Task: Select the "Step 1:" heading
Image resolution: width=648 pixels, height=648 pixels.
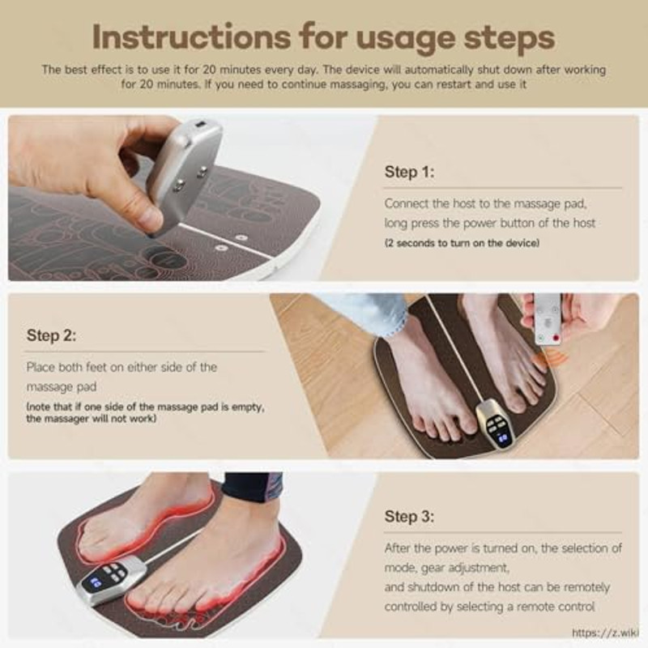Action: (409, 172)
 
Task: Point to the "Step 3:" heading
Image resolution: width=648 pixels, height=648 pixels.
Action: (409, 516)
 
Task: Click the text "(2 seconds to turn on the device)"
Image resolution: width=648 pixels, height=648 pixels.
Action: (462, 243)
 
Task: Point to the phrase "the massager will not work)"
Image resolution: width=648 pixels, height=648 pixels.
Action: (91, 419)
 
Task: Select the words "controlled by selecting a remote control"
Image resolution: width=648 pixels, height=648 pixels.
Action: (490, 607)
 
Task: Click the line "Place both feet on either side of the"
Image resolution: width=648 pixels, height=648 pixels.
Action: (122, 367)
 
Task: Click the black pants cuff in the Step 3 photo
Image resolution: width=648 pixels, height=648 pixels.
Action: (253, 486)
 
